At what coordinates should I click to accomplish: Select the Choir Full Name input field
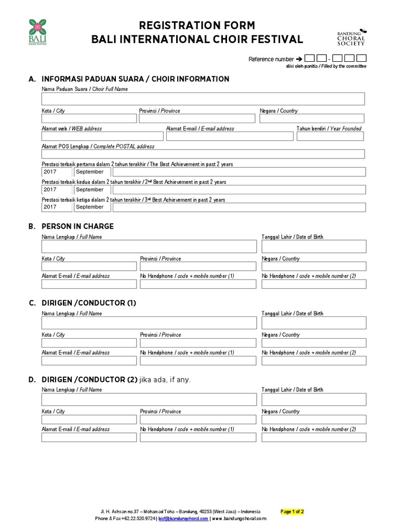[203, 99]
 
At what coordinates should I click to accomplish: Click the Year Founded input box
[330, 136]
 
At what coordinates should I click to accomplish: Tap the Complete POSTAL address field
[203, 154]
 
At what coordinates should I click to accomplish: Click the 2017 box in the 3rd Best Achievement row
[57, 207]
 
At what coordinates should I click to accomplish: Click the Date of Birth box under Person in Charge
[314, 246]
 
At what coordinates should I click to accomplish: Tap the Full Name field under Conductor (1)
[149, 323]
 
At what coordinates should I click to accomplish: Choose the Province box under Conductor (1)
[198, 343]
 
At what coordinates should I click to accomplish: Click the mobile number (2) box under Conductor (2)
[314, 438]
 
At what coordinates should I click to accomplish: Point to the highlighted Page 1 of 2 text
[292, 512]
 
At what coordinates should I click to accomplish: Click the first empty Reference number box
[309, 59]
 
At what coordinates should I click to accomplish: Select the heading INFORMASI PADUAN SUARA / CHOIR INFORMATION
[135, 79]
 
